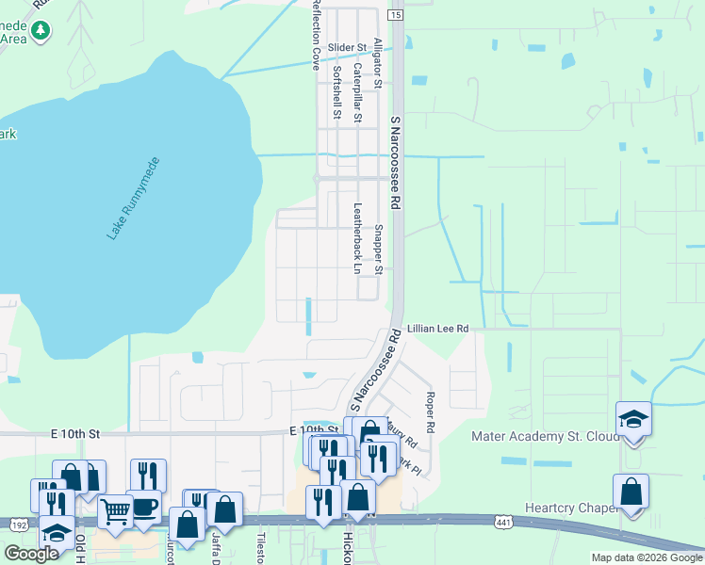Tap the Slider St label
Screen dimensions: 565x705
pyautogui.click(x=347, y=47)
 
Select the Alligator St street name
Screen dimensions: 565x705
pyautogui.click(x=377, y=63)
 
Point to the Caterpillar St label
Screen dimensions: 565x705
pyautogui.click(x=357, y=92)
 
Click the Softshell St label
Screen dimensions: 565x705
pyautogui.click(x=336, y=92)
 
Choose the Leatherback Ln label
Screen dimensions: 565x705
pyautogui.click(x=357, y=238)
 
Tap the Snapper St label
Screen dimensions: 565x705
pyautogui.click(x=379, y=250)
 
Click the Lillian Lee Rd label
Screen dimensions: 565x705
pyautogui.click(x=438, y=328)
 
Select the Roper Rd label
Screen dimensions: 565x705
pyautogui.click(x=430, y=412)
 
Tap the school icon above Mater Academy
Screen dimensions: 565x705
pyautogui.click(x=633, y=419)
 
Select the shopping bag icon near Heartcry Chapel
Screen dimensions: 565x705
pyautogui.click(x=631, y=492)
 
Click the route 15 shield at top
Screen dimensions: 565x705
pyautogui.click(x=395, y=15)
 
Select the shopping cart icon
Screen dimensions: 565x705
pyautogui.click(x=115, y=512)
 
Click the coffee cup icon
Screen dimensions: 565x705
pyautogui.click(x=145, y=507)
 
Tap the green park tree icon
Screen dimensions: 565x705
pyautogui.click(x=40, y=31)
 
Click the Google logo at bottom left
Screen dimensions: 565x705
pyautogui.click(x=31, y=554)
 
